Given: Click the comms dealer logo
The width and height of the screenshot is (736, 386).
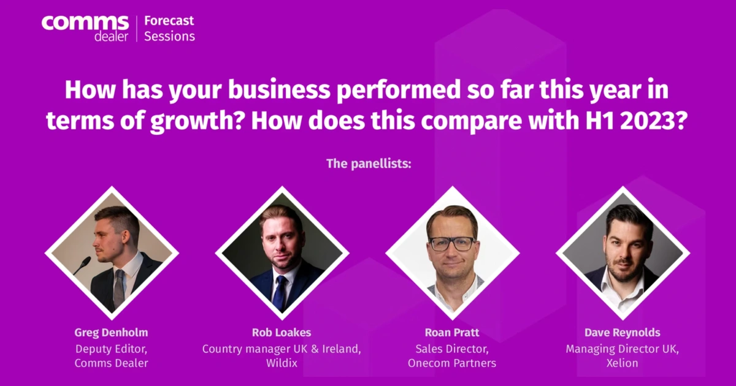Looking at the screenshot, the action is (x=85, y=29).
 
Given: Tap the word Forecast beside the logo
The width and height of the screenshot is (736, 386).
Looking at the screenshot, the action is (x=169, y=21).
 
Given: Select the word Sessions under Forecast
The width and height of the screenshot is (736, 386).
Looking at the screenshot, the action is (x=169, y=36).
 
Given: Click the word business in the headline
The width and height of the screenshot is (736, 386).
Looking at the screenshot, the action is (x=279, y=89).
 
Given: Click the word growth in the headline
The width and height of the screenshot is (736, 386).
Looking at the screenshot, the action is (x=196, y=121).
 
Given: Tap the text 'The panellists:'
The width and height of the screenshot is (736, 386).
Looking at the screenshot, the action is (x=369, y=164).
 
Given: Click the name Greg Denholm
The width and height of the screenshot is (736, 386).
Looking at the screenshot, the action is (x=111, y=333).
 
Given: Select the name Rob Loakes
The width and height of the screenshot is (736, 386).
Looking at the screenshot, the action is (x=282, y=333).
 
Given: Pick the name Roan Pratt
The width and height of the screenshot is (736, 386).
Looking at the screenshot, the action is (x=452, y=333).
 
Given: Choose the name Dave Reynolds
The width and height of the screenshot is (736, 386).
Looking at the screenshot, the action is (x=623, y=333).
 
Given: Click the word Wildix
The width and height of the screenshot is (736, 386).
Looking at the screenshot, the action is (x=282, y=363).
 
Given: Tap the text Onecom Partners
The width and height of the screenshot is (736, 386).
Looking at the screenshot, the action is (x=452, y=363).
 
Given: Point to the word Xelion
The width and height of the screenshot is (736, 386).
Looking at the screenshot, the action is (x=623, y=363).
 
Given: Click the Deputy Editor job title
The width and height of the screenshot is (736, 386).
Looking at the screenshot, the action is (x=112, y=349).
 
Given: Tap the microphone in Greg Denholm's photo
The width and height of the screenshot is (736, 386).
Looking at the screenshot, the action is (x=82, y=265).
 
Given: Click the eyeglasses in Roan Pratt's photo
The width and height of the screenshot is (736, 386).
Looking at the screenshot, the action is (x=453, y=244).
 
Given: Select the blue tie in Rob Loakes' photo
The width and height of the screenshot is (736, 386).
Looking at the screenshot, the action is (x=280, y=292).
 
